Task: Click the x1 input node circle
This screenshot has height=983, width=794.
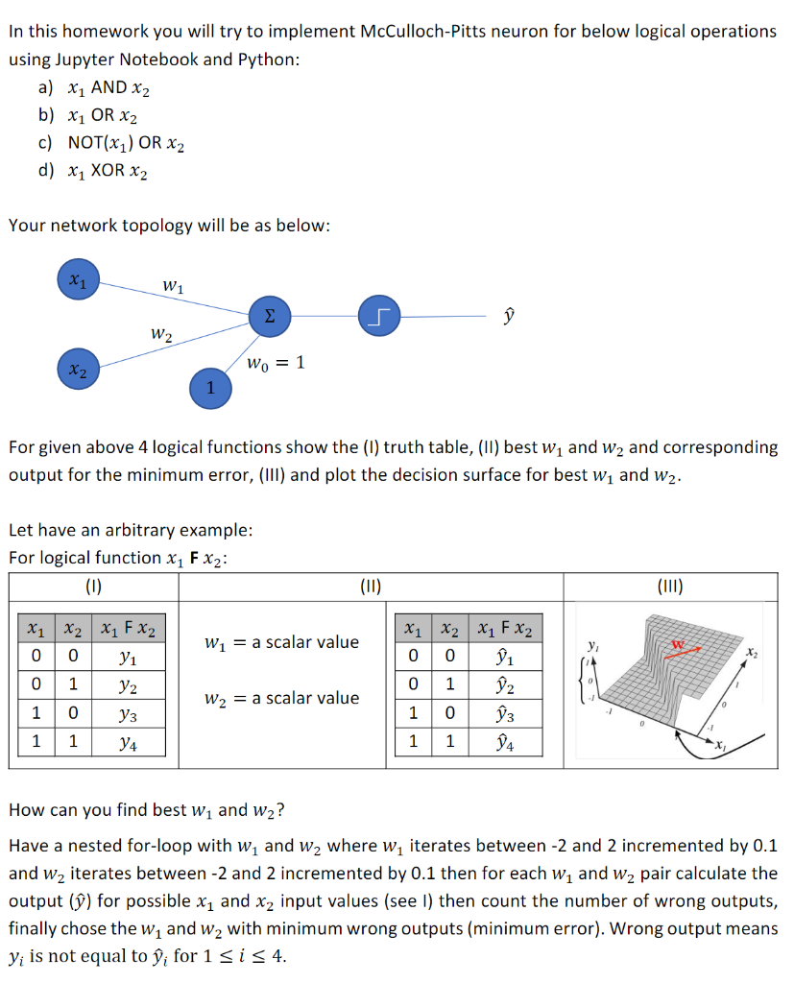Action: coord(77,278)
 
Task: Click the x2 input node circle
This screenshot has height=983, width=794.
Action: coord(77,370)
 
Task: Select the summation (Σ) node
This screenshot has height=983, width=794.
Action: coord(269,317)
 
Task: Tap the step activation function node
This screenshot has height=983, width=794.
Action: coord(378,316)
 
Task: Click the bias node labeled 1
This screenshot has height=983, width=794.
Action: coord(210,387)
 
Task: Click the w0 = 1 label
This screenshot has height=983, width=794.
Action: coord(276,363)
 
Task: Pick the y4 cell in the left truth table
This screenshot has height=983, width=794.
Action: coord(125,742)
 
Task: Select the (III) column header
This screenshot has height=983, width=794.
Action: coord(669,586)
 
